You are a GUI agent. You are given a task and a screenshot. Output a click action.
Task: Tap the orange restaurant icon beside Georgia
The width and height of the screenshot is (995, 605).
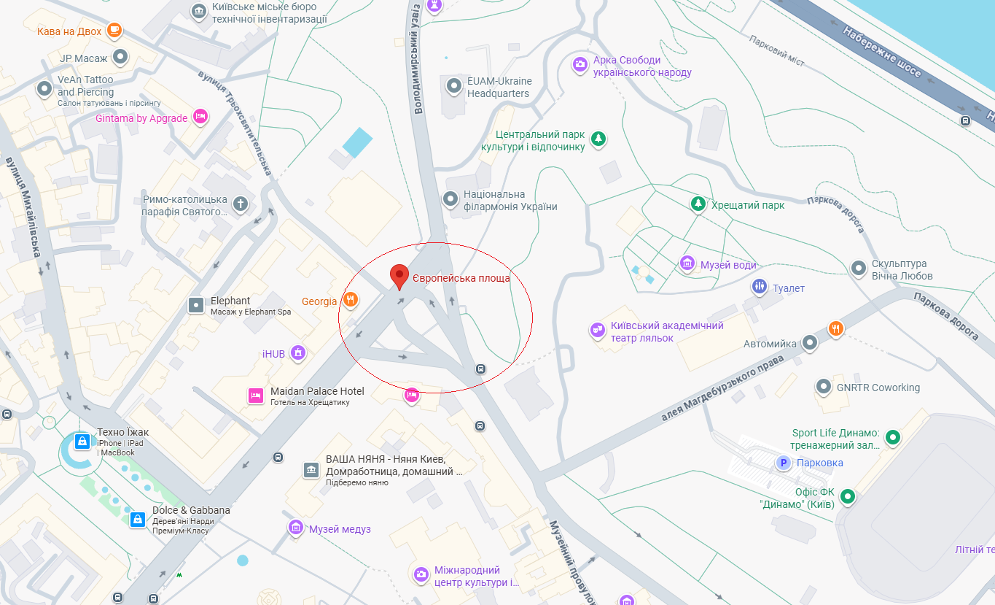click(351, 299)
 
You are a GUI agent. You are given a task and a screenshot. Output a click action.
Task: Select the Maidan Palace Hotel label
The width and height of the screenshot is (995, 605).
click(317, 391)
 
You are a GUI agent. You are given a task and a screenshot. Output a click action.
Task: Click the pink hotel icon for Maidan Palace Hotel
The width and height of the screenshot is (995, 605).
click(255, 396)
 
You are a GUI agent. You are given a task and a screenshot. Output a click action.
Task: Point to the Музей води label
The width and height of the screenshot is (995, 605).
click(728, 265)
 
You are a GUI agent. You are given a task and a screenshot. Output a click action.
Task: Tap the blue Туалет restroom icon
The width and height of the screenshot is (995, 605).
click(760, 287)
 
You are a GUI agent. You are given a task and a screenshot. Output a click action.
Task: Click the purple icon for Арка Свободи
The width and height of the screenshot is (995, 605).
click(580, 64)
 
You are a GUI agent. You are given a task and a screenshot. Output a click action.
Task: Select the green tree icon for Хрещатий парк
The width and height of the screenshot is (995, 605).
click(698, 204)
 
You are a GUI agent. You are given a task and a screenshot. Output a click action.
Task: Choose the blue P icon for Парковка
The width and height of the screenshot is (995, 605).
click(784, 462)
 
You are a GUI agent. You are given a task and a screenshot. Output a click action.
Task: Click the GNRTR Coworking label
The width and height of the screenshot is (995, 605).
click(878, 388)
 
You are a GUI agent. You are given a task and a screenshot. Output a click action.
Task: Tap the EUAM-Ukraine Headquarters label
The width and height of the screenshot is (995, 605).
click(499, 87)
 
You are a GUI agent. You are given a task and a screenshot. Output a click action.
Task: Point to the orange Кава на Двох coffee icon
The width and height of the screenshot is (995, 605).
click(113, 30)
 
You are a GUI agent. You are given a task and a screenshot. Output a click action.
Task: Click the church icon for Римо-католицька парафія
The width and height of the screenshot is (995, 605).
click(240, 203)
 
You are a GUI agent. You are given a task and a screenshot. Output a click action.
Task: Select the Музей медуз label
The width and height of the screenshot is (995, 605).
click(340, 529)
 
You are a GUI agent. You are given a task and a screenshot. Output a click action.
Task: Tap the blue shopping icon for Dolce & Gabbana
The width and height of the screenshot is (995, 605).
click(137, 519)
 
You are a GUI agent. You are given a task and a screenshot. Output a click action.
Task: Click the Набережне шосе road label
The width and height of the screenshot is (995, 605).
click(881, 53)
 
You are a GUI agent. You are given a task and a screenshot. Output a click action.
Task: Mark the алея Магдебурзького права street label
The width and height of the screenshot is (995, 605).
click(722, 388)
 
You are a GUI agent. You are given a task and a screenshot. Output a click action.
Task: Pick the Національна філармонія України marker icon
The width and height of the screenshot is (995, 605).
click(450, 199)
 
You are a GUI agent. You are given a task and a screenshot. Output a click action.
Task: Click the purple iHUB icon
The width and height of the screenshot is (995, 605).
click(297, 353)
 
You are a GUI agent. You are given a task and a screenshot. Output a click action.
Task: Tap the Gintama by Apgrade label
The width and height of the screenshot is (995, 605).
click(141, 118)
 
